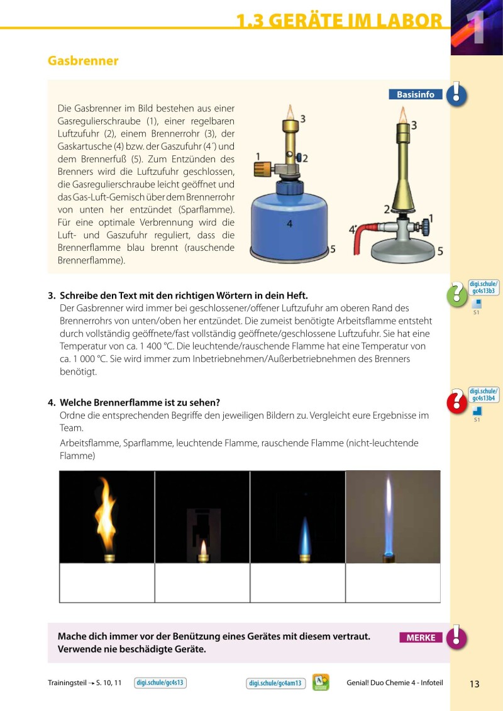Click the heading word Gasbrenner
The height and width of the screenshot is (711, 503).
[83, 61]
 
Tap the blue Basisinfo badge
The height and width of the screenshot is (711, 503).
[416, 95]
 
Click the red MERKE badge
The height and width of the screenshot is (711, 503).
[421, 637]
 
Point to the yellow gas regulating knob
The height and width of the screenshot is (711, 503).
[263, 169]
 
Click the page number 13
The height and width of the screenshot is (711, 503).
[474, 684]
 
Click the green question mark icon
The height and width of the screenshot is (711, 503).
[456, 294]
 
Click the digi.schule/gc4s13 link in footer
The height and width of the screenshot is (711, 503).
[161, 683]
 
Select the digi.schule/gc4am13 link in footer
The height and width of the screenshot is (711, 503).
[276, 683]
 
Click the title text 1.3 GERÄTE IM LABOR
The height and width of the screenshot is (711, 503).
[340, 21]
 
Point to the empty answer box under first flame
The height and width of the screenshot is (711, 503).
[107, 583]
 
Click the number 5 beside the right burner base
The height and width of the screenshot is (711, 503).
[440, 251]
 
